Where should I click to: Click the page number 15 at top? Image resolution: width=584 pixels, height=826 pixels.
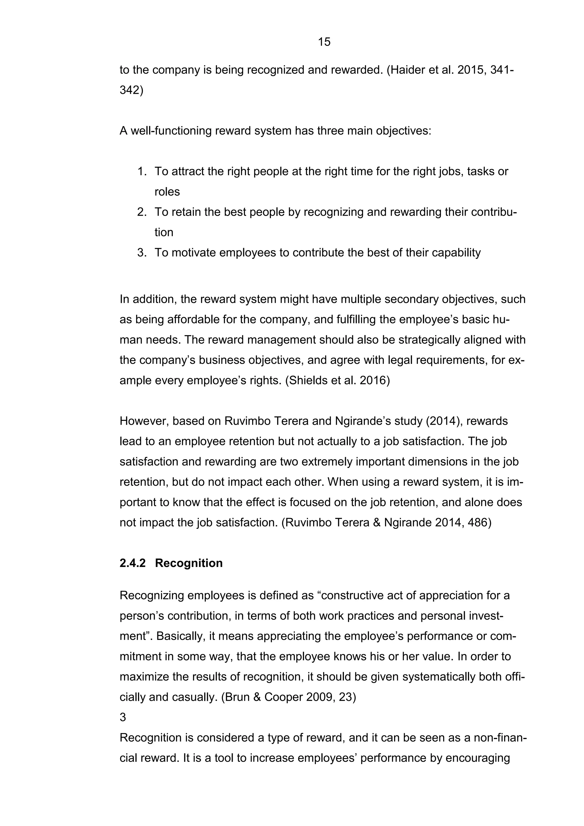coord(324,42)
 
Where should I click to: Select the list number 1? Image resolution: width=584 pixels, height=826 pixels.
coord(142,171)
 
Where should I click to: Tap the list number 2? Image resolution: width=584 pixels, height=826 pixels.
coord(142,212)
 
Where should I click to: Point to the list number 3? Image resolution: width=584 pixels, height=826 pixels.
coord(142,252)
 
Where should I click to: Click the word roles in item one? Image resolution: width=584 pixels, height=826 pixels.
coord(167,192)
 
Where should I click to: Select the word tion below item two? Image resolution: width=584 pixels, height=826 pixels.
coord(164,232)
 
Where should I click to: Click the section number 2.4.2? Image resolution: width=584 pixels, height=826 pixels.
coord(132,563)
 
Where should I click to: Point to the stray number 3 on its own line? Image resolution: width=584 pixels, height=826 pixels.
coord(123,717)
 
